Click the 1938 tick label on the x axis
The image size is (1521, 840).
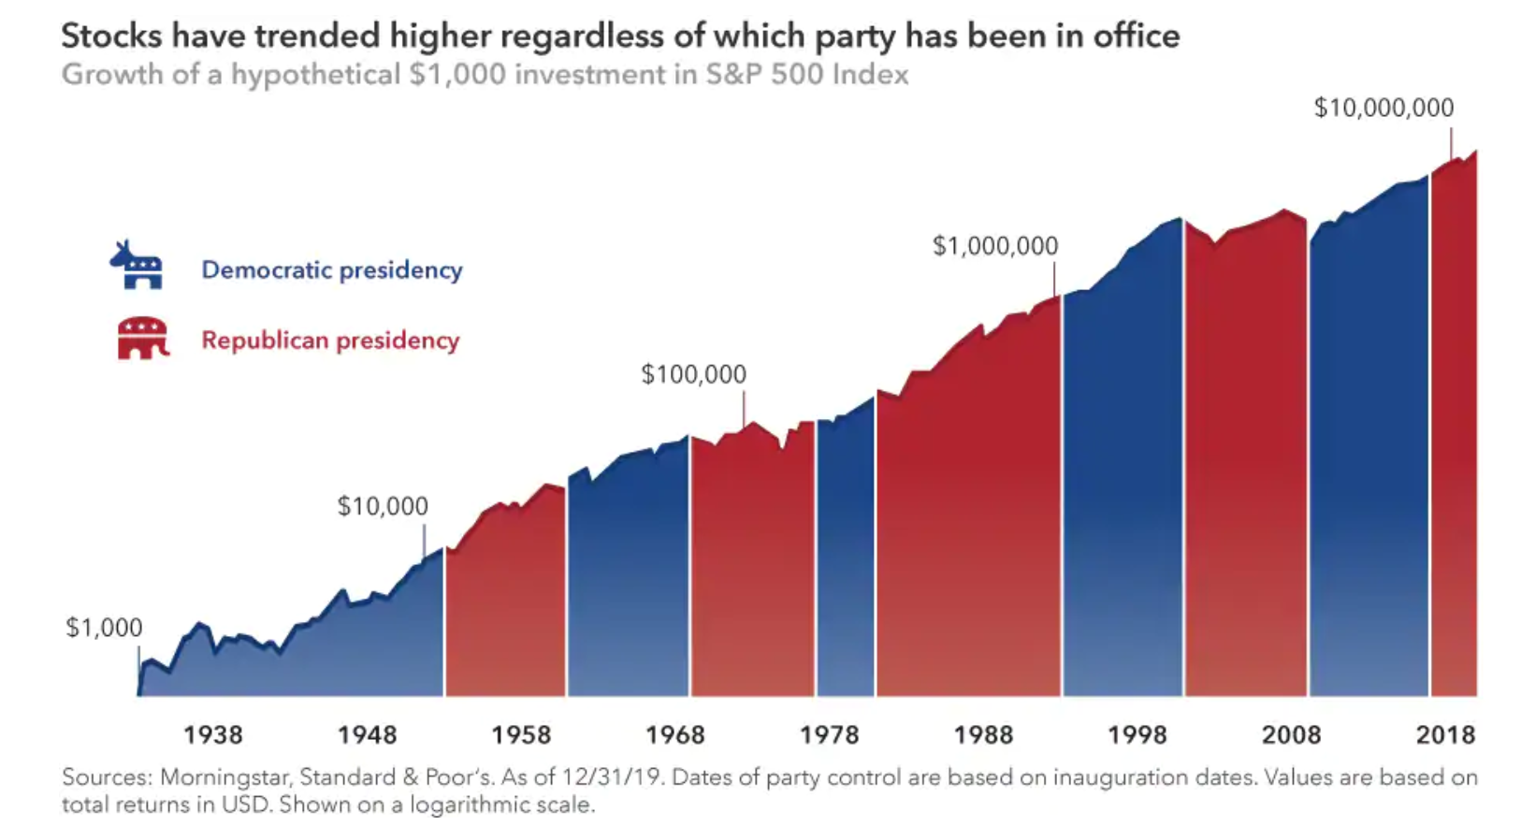point(212,734)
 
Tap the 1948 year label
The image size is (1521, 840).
point(367,734)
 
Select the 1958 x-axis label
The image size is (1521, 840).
point(521,734)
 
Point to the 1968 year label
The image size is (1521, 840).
point(674,734)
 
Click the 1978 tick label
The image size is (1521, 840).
point(829,734)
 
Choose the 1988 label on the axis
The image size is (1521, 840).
point(983,734)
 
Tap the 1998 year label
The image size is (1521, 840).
point(1137,734)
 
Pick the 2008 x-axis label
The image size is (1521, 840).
point(1291,734)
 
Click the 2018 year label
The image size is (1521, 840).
point(1445,734)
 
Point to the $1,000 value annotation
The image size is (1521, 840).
point(104,628)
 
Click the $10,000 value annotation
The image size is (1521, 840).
point(383,506)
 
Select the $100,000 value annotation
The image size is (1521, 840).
point(693,374)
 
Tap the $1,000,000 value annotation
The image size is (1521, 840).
point(995,246)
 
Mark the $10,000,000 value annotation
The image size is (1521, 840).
point(1383,108)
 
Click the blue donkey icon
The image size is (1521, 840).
point(137,266)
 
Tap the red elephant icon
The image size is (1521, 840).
point(142,338)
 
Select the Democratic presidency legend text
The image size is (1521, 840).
point(332,270)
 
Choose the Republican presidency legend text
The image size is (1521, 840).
point(330,340)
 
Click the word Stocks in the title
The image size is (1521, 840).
point(112,36)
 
